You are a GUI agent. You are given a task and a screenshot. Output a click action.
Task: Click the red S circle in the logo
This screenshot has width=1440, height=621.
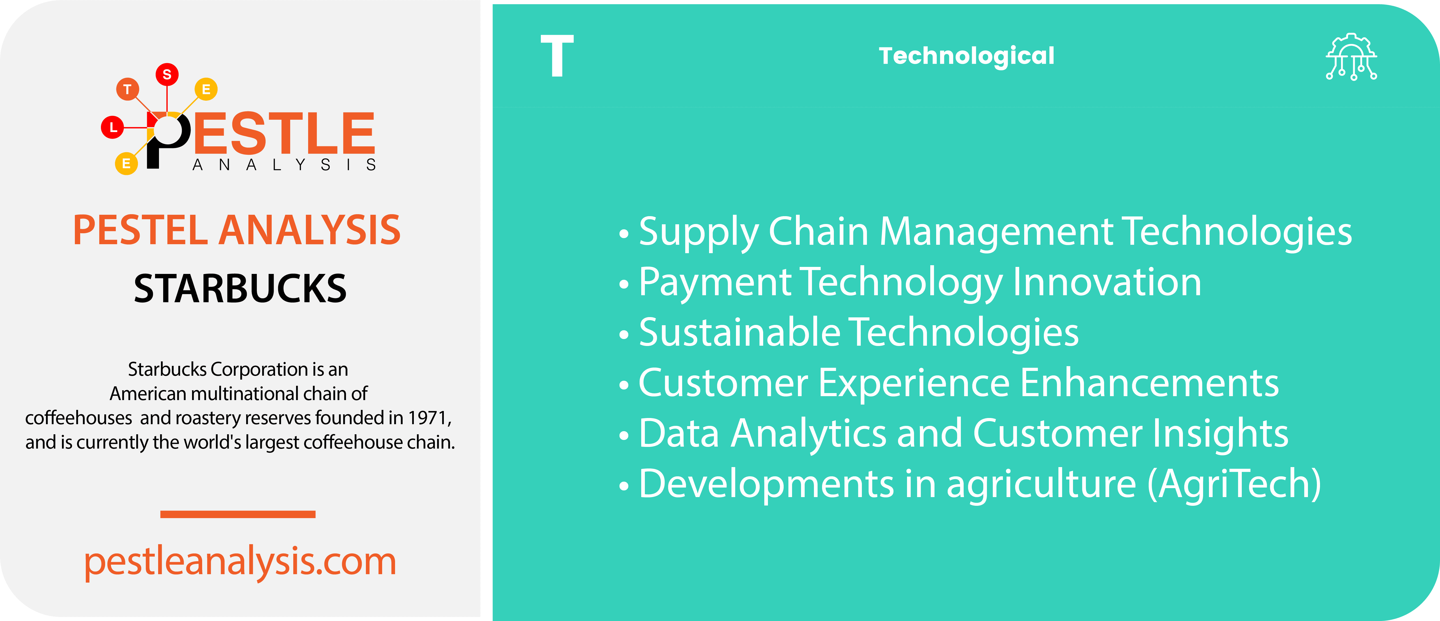167,74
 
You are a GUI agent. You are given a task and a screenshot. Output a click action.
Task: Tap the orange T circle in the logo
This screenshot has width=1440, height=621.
128,89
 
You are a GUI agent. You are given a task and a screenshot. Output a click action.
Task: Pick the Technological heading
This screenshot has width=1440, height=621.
966,56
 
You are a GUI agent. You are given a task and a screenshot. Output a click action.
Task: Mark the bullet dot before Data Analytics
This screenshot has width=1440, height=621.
624,435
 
